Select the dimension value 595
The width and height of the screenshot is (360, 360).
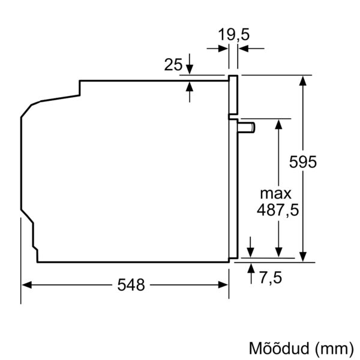pyautogui.click(x=302, y=162)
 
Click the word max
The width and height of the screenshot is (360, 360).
pyautogui.click(x=275, y=193)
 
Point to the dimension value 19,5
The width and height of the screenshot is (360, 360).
pyautogui.click(x=233, y=35)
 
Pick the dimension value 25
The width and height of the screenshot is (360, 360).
pyautogui.click(x=173, y=65)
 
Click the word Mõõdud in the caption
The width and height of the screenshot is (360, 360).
pyautogui.click(x=275, y=348)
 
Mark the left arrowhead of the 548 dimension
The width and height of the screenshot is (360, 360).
pyautogui.click(x=26, y=286)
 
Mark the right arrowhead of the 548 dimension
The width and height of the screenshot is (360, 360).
pyautogui.click(x=224, y=286)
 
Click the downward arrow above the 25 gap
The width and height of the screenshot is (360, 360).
pyautogui.click(x=190, y=70)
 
